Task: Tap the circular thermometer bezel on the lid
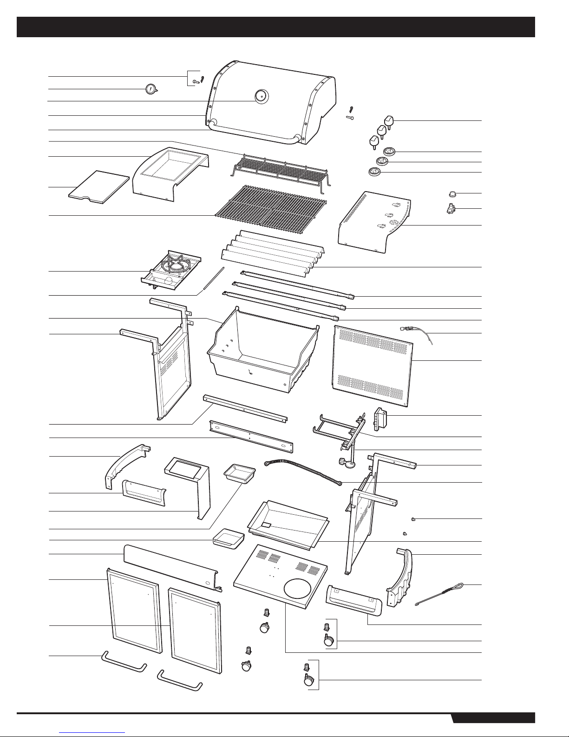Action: pos(261,96)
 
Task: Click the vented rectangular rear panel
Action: pos(373,365)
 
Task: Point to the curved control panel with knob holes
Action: pos(375,221)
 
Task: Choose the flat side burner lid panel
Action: pos(99,186)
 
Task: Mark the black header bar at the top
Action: pos(276,27)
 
